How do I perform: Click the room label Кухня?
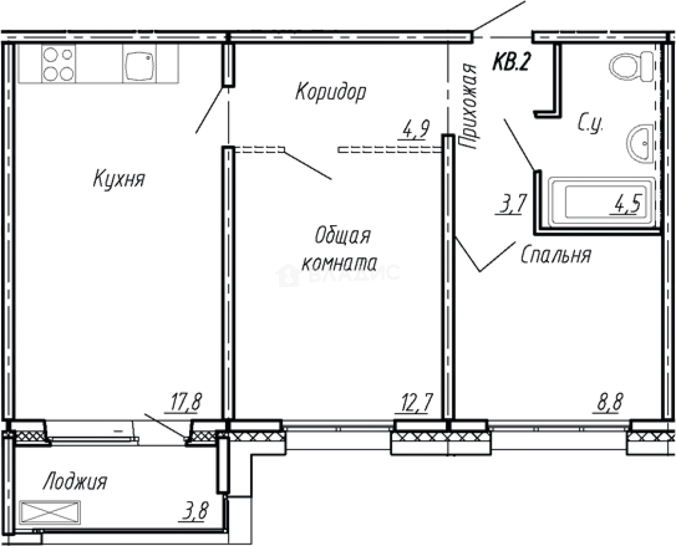point(119,179)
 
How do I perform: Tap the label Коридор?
point(330,92)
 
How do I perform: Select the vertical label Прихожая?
point(467,107)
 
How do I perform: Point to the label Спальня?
point(556,255)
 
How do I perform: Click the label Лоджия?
point(75,481)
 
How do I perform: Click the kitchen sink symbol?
point(139,64)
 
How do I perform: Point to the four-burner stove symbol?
point(58,64)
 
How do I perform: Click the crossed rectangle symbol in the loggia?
point(50,511)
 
